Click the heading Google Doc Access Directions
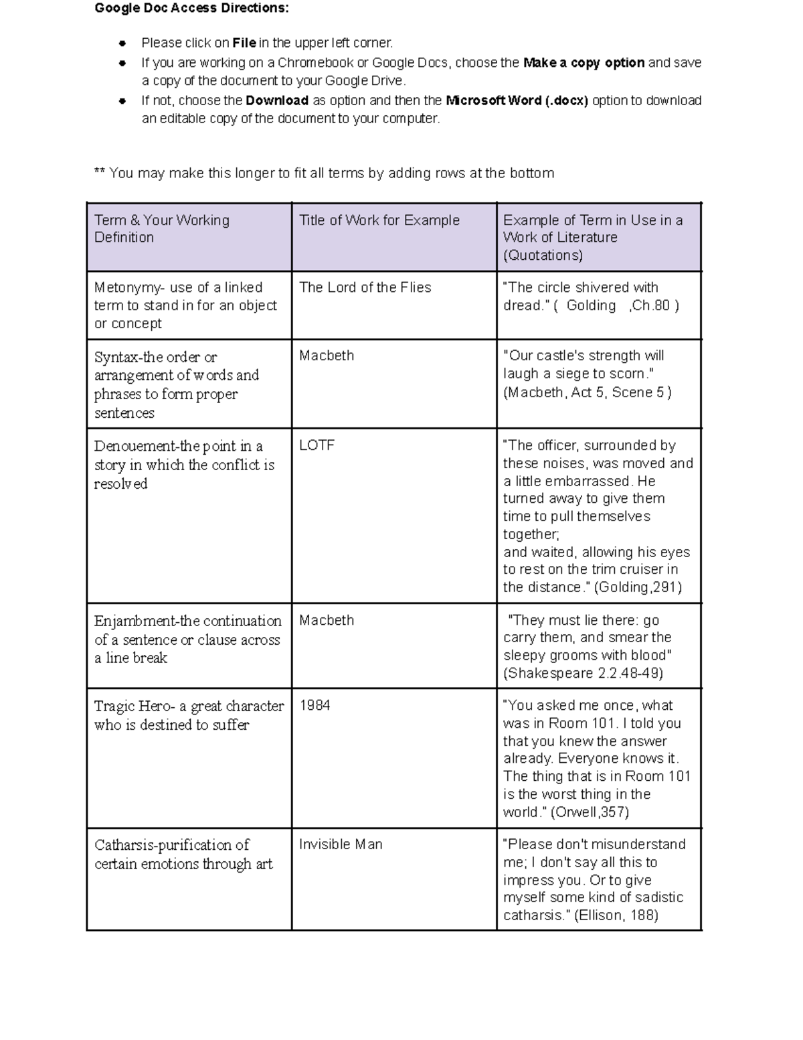click(191, 9)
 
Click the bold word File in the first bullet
click(244, 44)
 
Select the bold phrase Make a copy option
click(584, 63)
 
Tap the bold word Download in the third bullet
click(277, 101)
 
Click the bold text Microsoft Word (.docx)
click(517, 101)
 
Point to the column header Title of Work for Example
click(379, 220)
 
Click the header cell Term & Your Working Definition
click(162, 229)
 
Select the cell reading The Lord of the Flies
click(365, 287)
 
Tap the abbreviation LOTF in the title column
click(317, 445)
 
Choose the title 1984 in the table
click(315, 706)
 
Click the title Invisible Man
click(341, 844)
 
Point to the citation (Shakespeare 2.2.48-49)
click(583, 673)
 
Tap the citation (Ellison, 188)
click(616, 915)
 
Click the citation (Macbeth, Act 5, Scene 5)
click(587, 392)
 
